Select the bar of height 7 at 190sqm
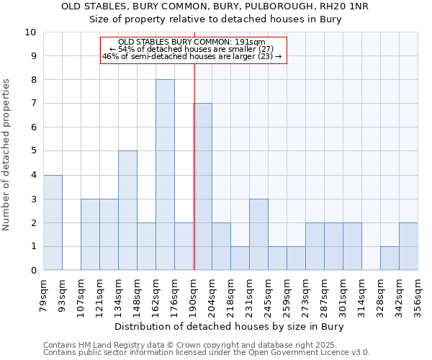pos(203,186)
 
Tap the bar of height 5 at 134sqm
pos(127,210)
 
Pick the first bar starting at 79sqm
pos(53,222)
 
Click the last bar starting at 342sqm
pos(408,246)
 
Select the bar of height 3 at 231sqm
pos(258,234)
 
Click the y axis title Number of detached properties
pos(7,155)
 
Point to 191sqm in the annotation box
pos(253,42)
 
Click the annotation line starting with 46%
pos(192,56)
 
